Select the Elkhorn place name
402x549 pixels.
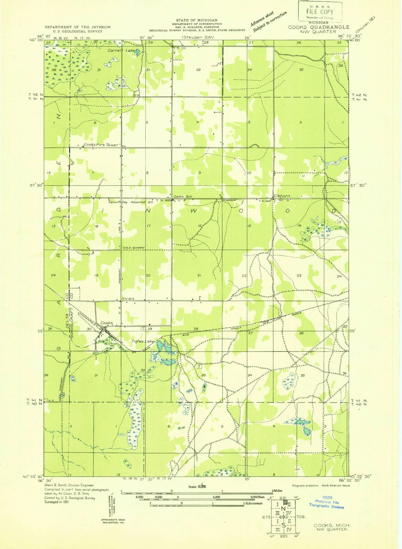[282, 196]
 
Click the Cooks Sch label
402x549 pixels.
[182, 197]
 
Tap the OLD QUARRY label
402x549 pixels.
[135, 247]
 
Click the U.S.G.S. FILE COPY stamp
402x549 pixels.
[320, 11]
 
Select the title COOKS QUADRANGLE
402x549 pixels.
[318, 27]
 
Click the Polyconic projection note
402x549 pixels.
[305, 485]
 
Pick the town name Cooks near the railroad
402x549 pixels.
[106, 323]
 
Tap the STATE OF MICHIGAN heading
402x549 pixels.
[197, 20]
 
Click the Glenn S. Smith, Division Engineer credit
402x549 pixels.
[69, 485]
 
